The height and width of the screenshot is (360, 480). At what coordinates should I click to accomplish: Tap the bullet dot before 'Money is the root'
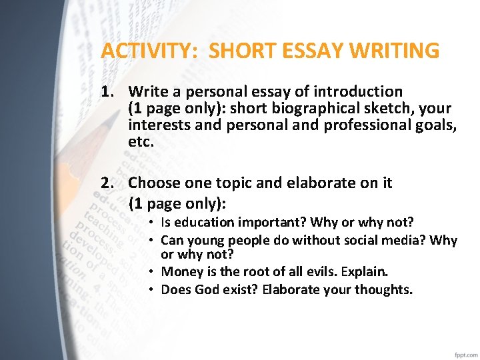[153, 272]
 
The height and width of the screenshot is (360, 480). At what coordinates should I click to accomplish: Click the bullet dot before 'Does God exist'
[153, 289]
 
